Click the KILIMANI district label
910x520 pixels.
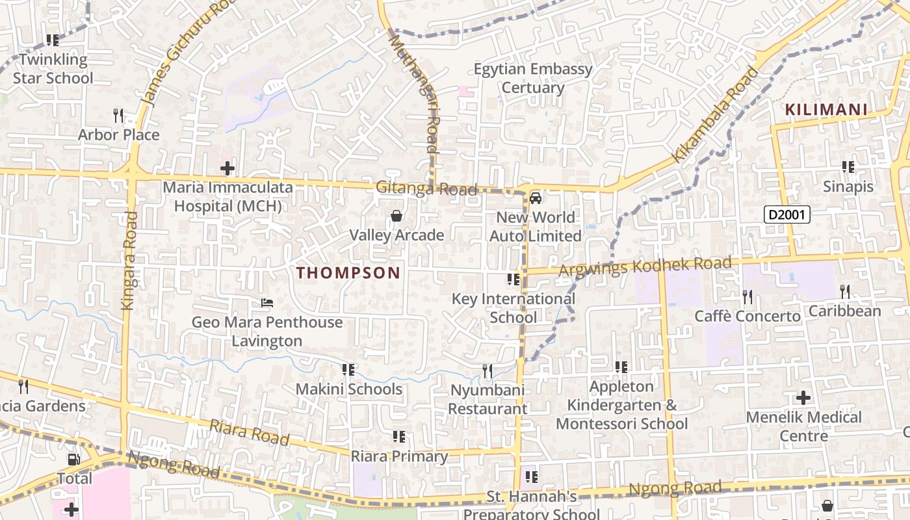point(826,110)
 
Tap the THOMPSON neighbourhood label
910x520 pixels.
point(348,273)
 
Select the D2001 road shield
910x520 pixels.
point(786,214)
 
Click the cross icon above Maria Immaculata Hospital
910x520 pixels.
point(227,169)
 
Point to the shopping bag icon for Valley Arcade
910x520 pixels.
point(396,216)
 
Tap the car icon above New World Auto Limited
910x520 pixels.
point(536,198)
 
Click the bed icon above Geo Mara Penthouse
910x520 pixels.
point(266,303)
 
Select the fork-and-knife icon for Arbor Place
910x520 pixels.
point(118,116)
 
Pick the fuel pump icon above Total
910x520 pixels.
point(74,460)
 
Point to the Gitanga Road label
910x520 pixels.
point(426,188)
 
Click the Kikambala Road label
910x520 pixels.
point(715,115)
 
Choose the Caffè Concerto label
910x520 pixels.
point(747,317)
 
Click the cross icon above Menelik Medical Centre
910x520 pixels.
point(803,397)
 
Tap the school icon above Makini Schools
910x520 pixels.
point(348,370)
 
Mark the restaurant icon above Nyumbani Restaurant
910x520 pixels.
point(487,371)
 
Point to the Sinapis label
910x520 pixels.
point(848,187)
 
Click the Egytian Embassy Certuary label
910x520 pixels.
point(533,78)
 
